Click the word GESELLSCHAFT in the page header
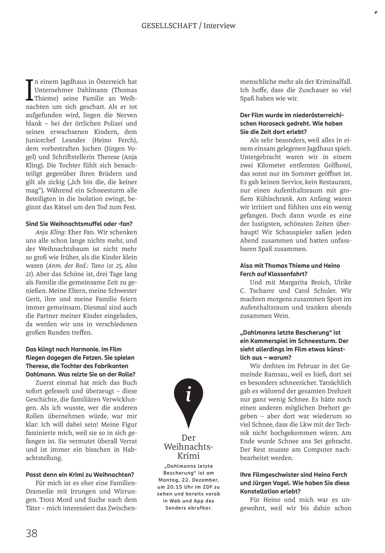point(169,26)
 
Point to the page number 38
point(32,525)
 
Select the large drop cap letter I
point(29,90)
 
